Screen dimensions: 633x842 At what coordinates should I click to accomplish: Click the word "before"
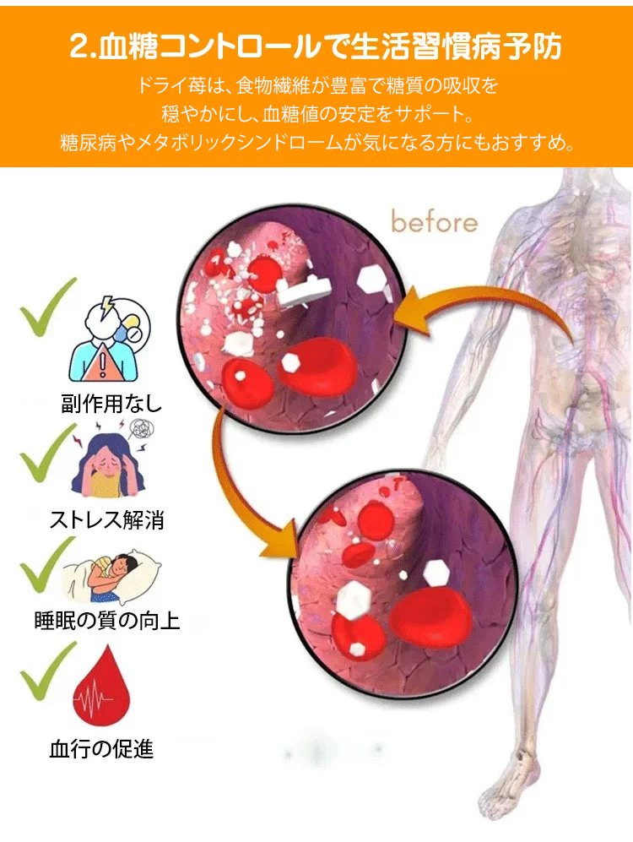tap(434, 222)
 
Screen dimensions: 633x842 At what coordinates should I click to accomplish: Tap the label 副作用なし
tap(111, 403)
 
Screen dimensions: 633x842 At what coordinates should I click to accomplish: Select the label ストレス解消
tap(106, 519)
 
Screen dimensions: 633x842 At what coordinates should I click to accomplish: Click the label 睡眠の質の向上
tap(106, 620)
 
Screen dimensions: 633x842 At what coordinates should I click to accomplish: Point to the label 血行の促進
tap(101, 748)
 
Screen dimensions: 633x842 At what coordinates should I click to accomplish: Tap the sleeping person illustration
tap(112, 576)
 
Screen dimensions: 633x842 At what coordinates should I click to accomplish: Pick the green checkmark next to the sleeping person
tap(47, 565)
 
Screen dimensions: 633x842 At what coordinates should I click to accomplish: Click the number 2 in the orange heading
tap(78, 47)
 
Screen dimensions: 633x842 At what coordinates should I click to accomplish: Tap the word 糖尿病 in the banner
tap(88, 143)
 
